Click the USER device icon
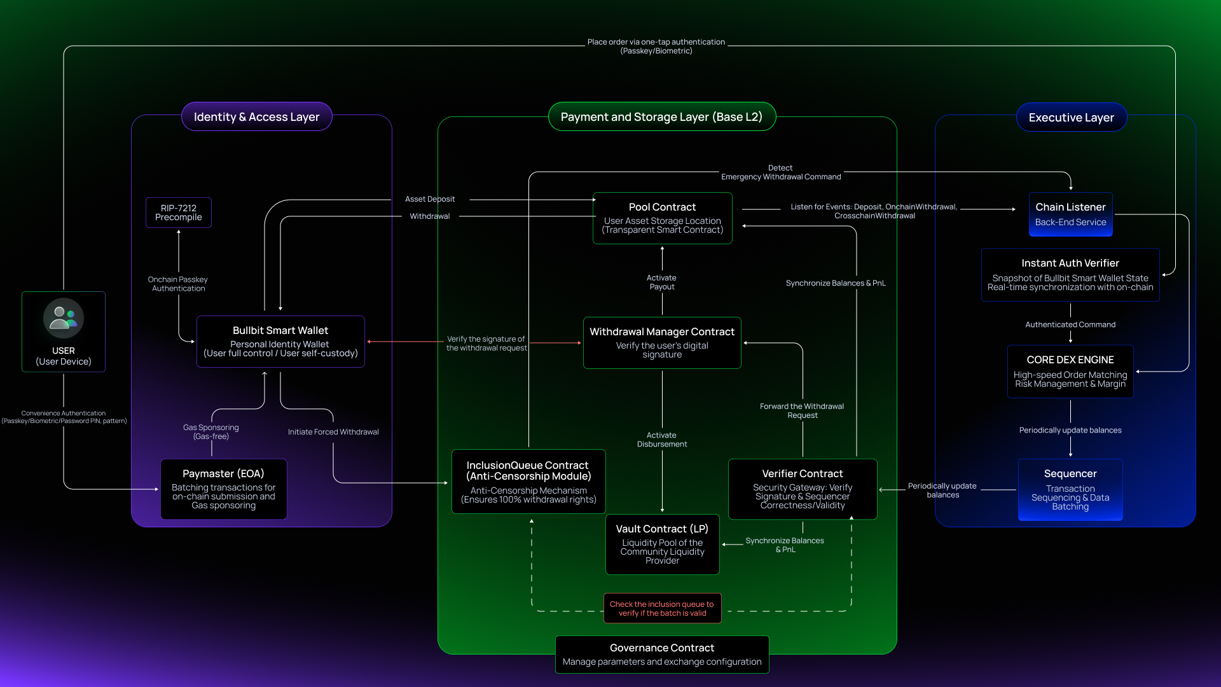point(64,318)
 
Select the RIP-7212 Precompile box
point(179,212)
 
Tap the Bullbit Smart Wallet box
point(280,342)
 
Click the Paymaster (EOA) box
point(223,489)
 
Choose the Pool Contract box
point(662,218)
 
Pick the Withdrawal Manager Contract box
point(662,343)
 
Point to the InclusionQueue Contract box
point(528,482)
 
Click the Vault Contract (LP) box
point(662,545)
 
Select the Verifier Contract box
point(803,489)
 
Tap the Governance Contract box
point(662,655)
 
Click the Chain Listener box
point(1070,214)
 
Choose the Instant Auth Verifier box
point(1070,275)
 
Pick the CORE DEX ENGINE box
point(1070,371)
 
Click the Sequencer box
point(1070,490)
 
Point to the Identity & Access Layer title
point(257,117)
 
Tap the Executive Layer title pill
point(1072,118)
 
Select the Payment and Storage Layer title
point(661,117)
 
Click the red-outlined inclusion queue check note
point(662,609)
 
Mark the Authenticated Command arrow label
point(1070,324)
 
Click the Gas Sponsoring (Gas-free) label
point(211,432)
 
